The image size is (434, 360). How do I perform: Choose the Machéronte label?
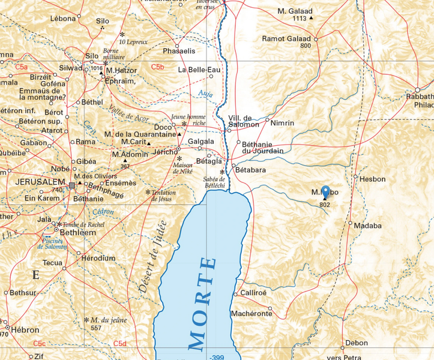pyautogui.click(x=252, y=314)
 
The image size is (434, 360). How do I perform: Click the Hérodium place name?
pyautogui.click(x=96, y=258)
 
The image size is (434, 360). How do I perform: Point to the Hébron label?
pyautogui.click(x=25, y=330)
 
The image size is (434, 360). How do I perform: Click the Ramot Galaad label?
pyautogui.click(x=286, y=39)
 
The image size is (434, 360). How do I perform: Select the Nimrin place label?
pyautogui.click(x=282, y=123)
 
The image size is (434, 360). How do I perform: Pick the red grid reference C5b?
pyautogui.click(x=158, y=67)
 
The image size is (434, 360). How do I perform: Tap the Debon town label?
pyautogui.click(x=357, y=343)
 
